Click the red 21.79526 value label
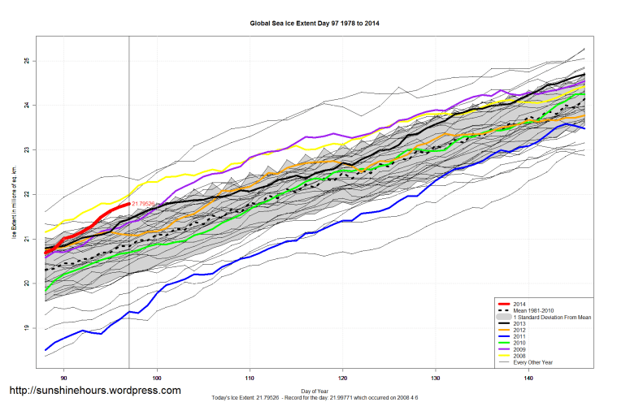click(143, 203)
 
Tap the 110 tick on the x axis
click(250, 379)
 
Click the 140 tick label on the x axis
click(528, 379)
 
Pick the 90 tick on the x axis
click(64, 379)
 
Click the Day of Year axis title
click(314, 392)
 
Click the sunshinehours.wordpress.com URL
click(94, 391)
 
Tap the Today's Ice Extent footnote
click(314, 399)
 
